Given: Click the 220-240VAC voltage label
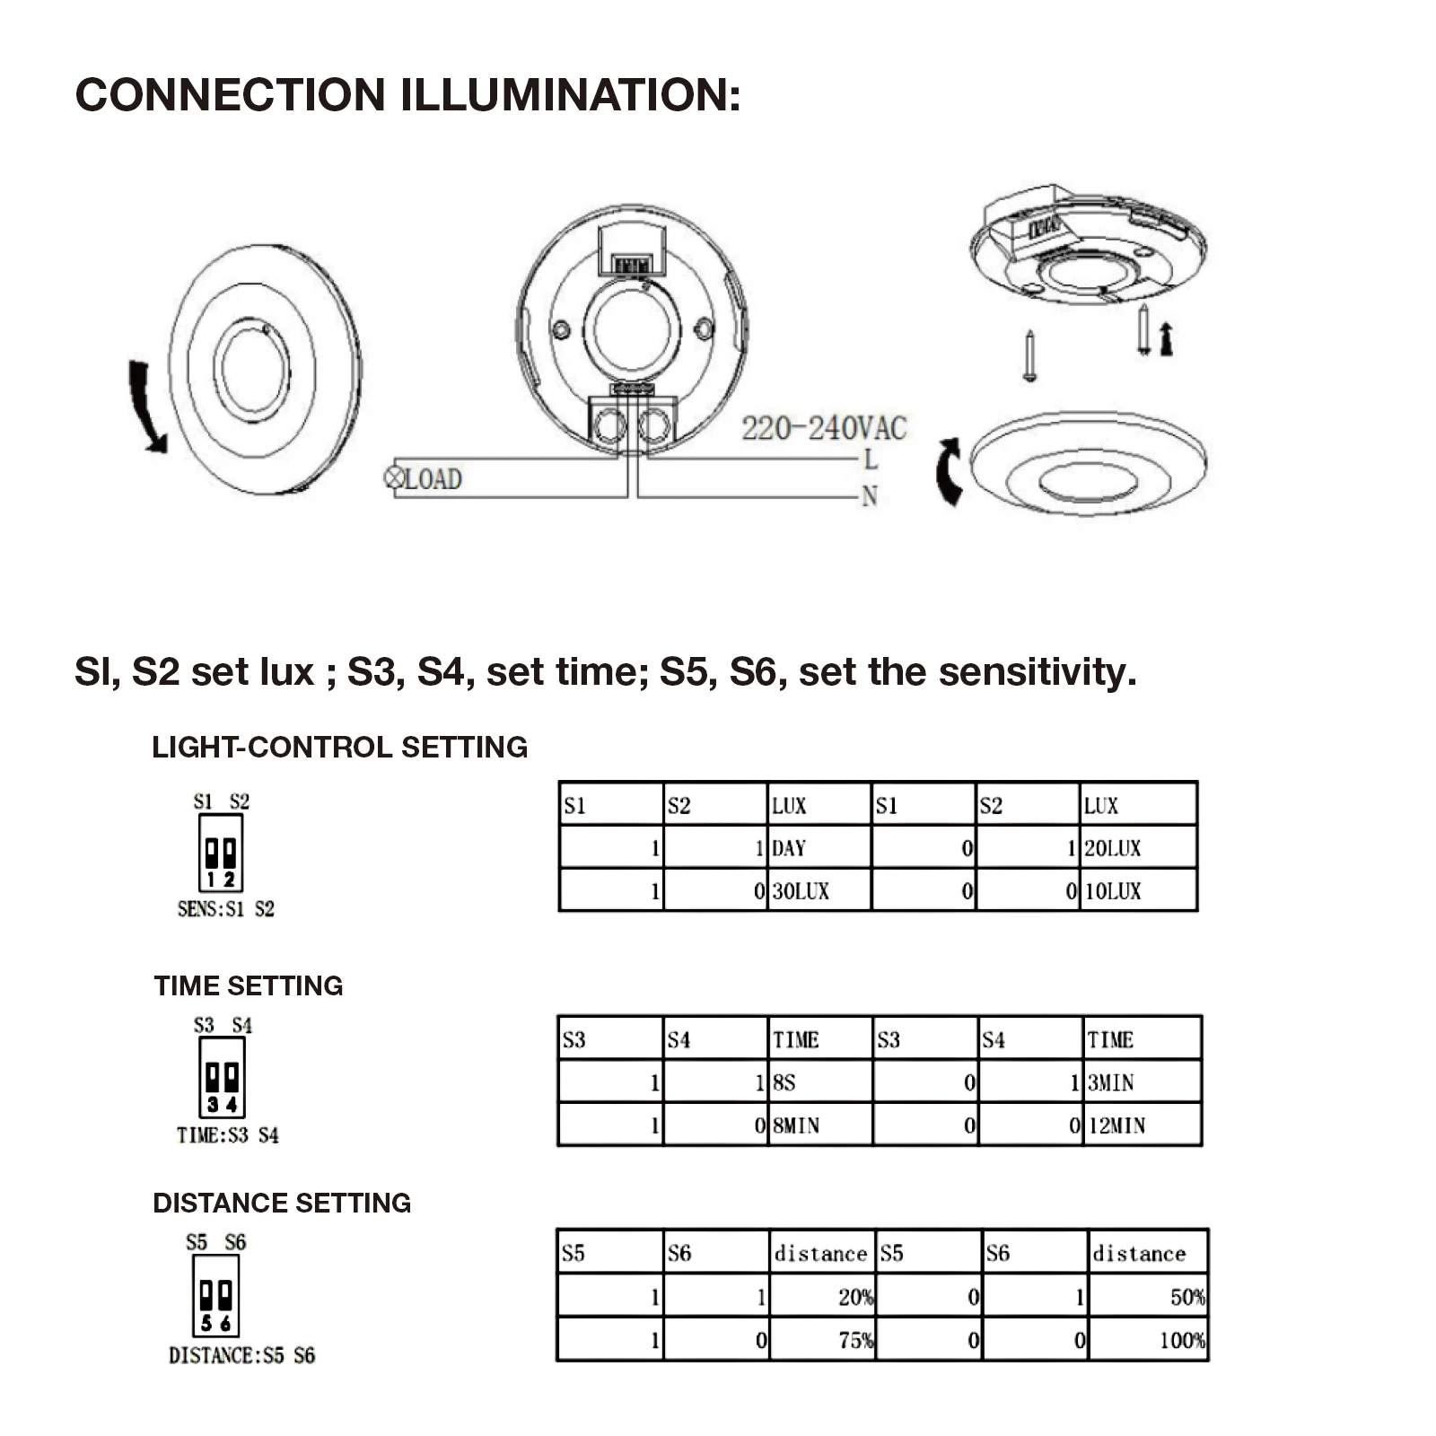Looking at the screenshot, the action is [824, 428].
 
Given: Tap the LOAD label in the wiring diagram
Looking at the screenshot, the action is [433, 479].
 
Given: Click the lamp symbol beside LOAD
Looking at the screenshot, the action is [393, 477].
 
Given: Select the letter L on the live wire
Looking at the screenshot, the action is [870, 460].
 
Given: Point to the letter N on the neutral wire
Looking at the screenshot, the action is [869, 496].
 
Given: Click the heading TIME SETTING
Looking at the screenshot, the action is [249, 985].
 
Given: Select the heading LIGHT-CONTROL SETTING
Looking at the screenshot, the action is [339, 747].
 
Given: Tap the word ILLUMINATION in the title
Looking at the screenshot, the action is [570, 94].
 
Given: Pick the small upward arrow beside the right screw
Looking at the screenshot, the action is [1166, 339].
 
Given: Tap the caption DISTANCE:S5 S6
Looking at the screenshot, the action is [241, 1355].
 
